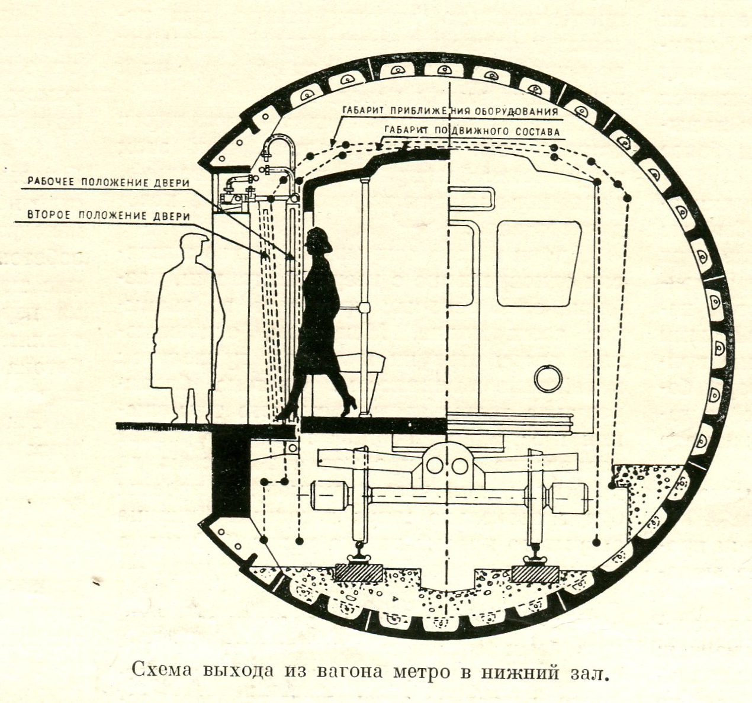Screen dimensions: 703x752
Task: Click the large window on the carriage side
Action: pos(538,264)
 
